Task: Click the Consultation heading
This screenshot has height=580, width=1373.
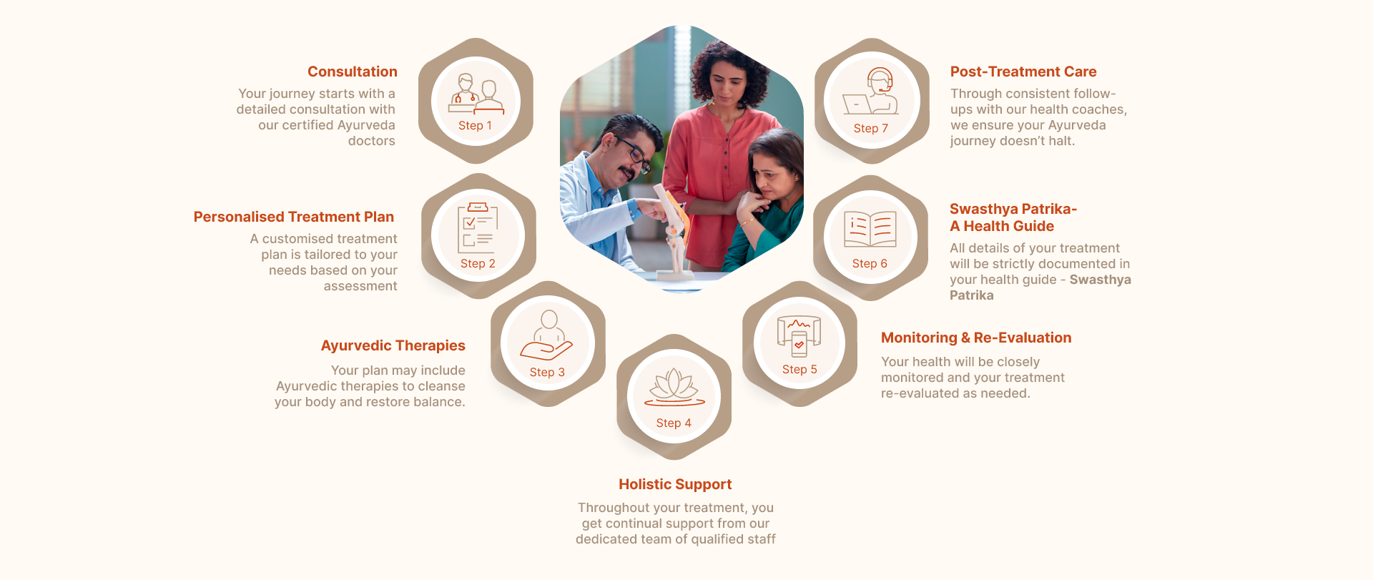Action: point(353,72)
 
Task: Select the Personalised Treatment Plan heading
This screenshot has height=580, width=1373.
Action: point(294,217)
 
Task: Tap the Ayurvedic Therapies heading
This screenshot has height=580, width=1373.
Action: point(393,345)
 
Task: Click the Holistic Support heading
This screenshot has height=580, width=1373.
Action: point(675,484)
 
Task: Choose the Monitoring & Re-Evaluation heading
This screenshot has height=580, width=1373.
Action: point(976,338)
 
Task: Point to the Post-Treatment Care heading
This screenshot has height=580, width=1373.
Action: point(1023,72)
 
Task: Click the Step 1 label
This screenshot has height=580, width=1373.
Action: point(475,125)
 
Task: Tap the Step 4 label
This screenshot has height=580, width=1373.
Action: point(674,423)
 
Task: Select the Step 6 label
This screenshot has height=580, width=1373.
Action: point(870,263)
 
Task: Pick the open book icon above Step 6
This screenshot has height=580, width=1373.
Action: point(870,229)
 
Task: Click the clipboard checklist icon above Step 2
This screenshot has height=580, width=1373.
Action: point(478,228)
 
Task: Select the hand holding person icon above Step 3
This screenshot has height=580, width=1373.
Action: point(546,335)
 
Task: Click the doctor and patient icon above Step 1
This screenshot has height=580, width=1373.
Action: point(476,94)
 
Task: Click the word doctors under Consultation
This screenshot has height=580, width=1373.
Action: point(372,141)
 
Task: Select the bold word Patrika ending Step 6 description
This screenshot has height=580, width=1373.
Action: point(971,295)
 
